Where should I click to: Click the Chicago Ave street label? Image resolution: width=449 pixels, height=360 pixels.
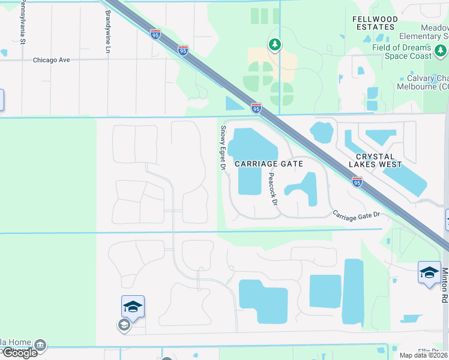coord(52,60)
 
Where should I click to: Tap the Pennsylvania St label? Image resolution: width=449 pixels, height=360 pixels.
coord(23,22)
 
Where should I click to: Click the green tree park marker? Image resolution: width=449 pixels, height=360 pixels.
coord(274,44)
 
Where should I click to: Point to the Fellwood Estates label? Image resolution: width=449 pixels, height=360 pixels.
coord(375,23)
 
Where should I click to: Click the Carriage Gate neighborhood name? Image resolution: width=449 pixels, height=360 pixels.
coord(268,163)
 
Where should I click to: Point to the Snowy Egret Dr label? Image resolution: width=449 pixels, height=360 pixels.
coord(223,148)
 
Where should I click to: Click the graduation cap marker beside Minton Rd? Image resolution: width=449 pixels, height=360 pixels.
coord(429,272)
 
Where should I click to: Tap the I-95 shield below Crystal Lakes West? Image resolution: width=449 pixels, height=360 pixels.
coord(357,181)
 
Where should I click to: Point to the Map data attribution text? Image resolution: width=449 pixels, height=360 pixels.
coord(423,355)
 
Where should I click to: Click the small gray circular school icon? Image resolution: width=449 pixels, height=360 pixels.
coord(124,325)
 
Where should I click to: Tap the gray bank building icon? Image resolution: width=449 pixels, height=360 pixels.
coord(40,346)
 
